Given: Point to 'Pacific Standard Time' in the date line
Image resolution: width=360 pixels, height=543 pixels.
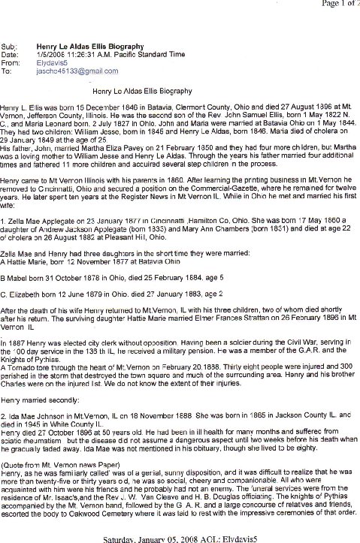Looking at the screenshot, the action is (148, 56).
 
